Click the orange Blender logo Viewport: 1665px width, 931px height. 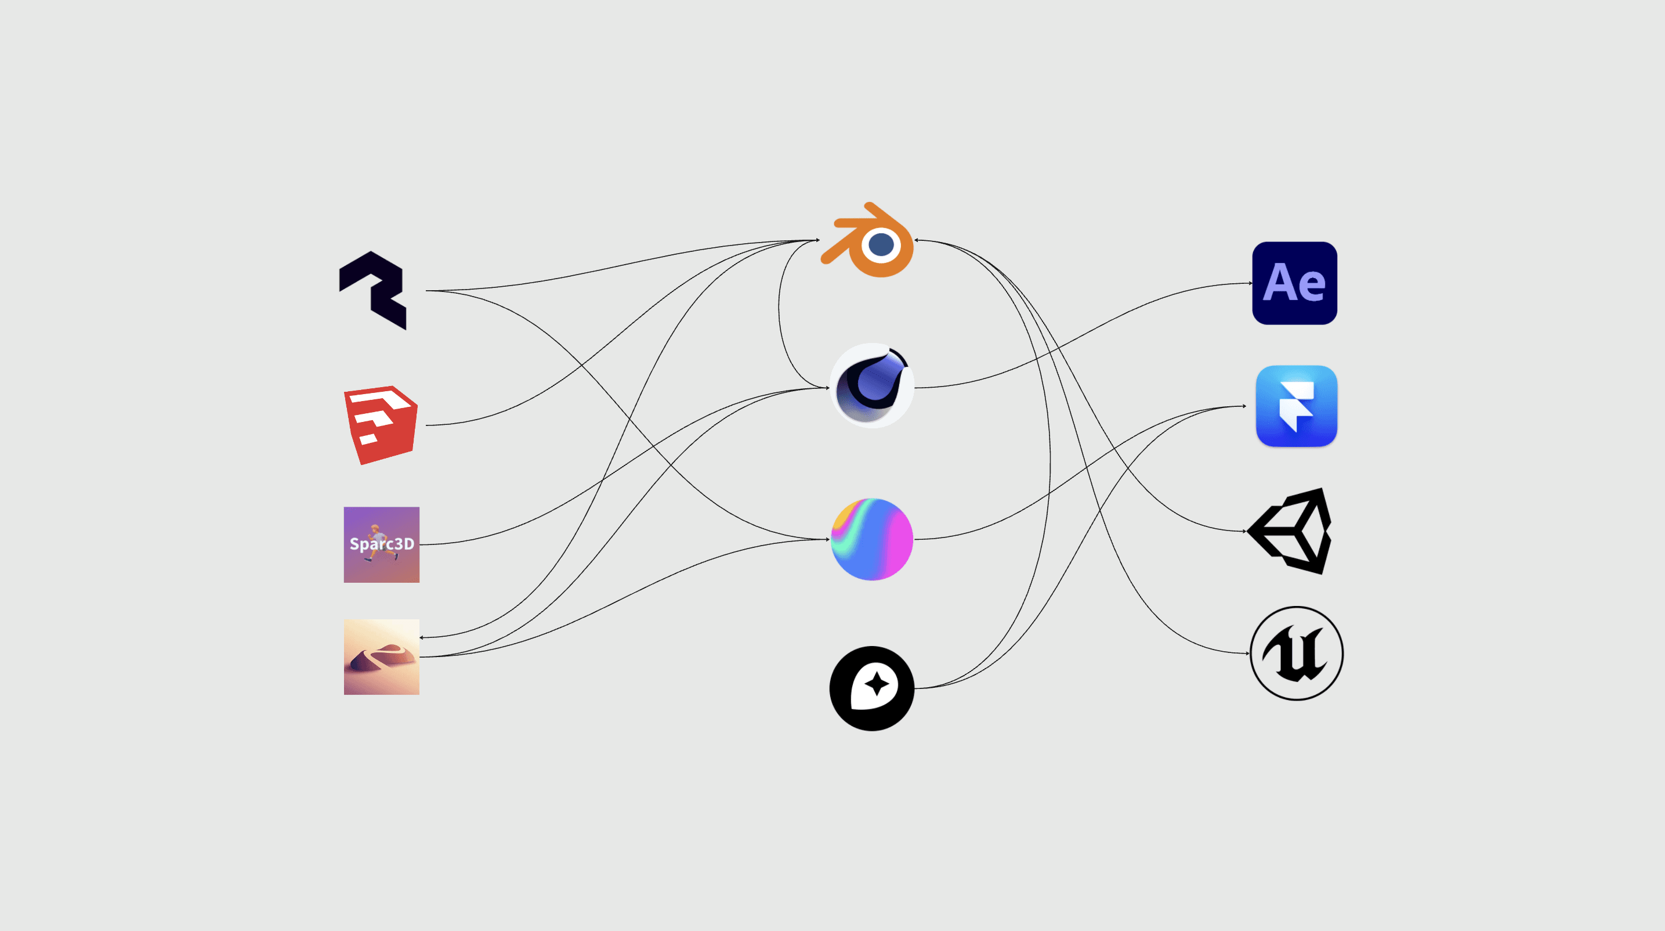click(x=867, y=240)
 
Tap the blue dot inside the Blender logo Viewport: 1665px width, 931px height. click(x=882, y=245)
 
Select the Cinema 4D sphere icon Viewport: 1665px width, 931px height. click(x=871, y=386)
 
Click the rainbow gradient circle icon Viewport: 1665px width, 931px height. click(x=871, y=539)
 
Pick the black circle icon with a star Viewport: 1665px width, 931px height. click(x=871, y=688)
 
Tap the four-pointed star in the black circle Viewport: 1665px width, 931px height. click(x=877, y=684)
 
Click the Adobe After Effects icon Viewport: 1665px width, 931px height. click(x=1294, y=283)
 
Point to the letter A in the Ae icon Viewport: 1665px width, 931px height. click(x=1278, y=283)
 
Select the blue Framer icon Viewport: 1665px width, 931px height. click(x=1296, y=406)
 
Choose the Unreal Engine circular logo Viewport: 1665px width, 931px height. click(x=1296, y=653)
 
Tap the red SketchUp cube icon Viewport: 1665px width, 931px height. click(x=381, y=425)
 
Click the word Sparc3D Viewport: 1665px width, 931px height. click(x=381, y=544)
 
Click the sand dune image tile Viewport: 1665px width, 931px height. click(x=381, y=657)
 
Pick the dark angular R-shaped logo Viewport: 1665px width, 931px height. click(x=374, y=290)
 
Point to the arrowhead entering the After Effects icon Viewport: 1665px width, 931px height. click(x=1250, y=283)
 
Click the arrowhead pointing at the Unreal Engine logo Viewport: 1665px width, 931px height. click(x=1247, y=653)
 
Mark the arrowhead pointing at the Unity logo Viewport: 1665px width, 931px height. click(x=1244, y=532)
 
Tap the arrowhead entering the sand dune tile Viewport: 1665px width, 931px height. click(x=421, y=637)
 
